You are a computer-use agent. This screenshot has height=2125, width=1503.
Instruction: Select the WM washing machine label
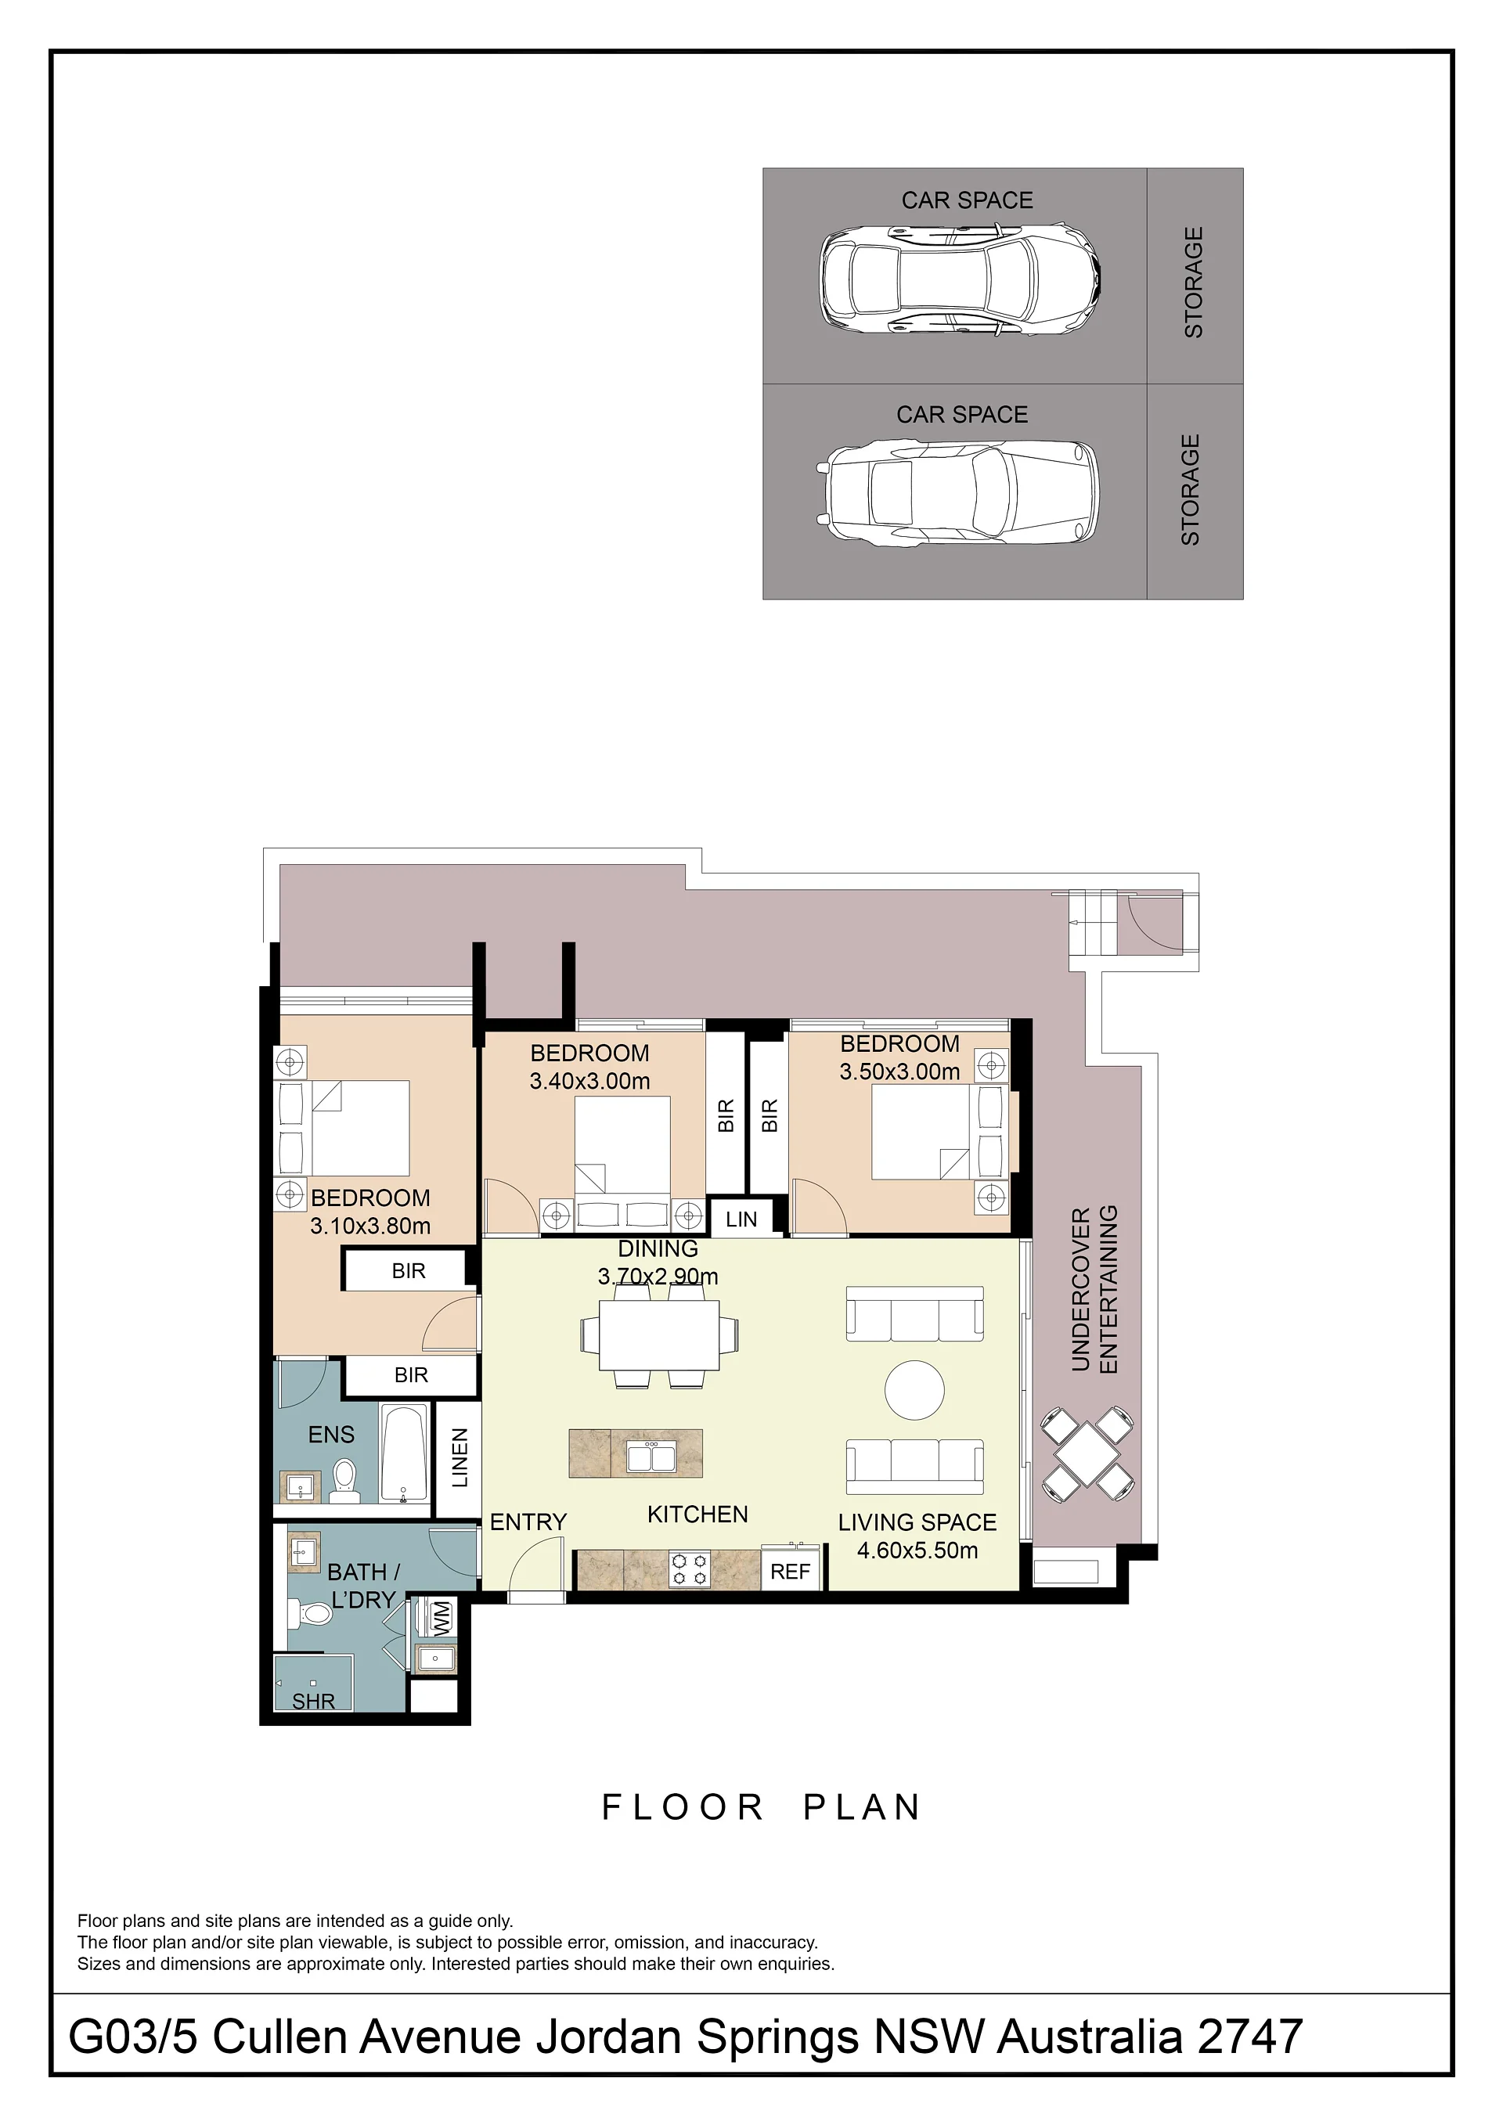pyautogui.click(x=442, y=1617)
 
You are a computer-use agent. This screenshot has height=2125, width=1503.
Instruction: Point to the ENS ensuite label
pyautogui.click(x=331, y=1435)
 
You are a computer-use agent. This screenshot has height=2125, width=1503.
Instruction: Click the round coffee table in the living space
pyautogui.click(x=914, y=1389)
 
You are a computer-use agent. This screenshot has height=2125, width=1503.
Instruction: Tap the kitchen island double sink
pyautogui.click(x=651, y=1457)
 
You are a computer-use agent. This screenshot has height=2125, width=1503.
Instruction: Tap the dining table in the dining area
pyautogui.click(x=659, y=1334)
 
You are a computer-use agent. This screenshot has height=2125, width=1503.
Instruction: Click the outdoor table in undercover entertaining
pyautogui.click(x=1087, y=1454)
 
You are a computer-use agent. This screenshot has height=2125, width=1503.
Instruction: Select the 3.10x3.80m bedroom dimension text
pyautogui.click(x=370, y=1226)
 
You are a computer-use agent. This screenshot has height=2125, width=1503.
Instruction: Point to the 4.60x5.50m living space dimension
pyautogui.click(x=917, y=1551)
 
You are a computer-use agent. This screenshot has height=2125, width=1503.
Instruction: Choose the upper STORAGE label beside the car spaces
pyautogui.click(x=1194, y=283)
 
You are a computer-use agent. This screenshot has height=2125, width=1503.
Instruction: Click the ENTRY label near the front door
pyautogui.click(x=528, y=1522)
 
